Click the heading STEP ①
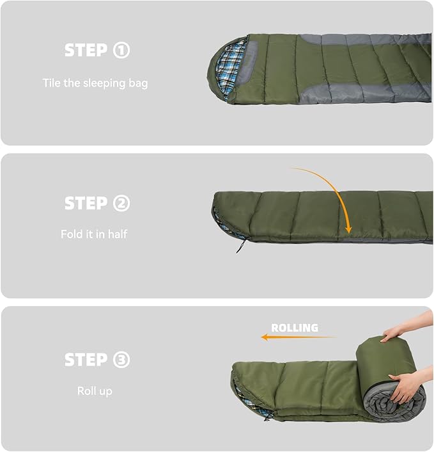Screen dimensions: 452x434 click(97, 51)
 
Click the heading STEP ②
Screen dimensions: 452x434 click(97, 204)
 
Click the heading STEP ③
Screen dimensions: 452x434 click(97, 360)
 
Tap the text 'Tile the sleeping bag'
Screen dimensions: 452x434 click(95, 83)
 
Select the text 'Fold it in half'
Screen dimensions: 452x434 click(94, 234)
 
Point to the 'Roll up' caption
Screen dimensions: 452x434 click(94, 391)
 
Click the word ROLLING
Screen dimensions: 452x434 click(294, 328)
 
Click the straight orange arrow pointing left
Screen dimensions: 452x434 click(297, 337)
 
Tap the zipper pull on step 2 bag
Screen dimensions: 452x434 click(240, 246)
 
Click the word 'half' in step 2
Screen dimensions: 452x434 click(117, 234)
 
